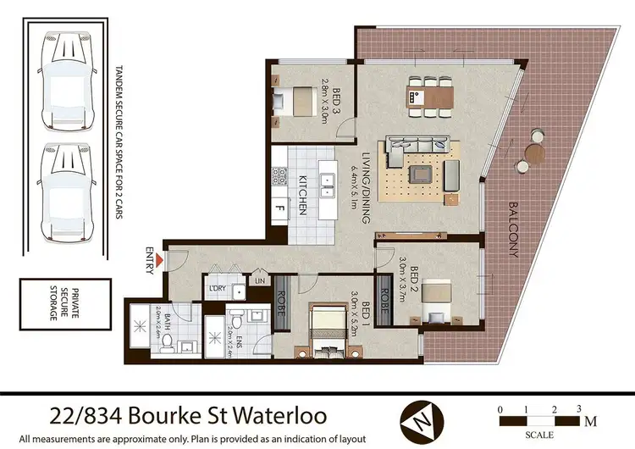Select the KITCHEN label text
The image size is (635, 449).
click(x=300, y=196)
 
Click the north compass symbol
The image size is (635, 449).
click(x=420, y=419)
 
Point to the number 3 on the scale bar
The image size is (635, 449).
click(x=579, y=409)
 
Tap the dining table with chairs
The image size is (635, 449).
click(x=428, y=96)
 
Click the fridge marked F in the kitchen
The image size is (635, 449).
click(x=279, y=208)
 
